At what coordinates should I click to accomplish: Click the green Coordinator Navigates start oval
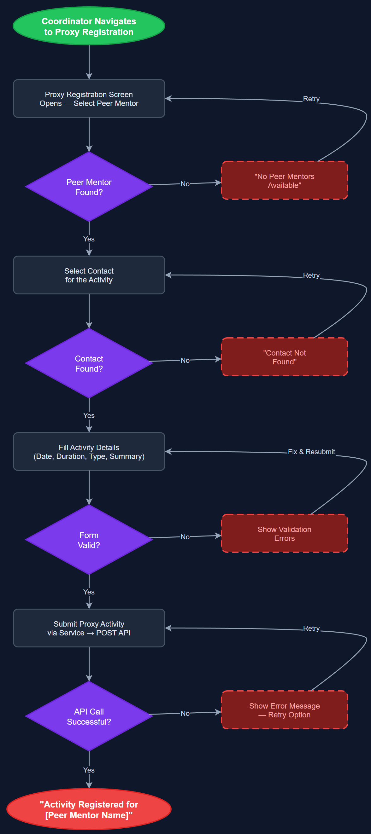click(x=89, y=26)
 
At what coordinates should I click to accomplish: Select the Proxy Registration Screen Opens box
click(x=89, y=98)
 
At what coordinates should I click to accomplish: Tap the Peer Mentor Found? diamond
click(x=89, y=187)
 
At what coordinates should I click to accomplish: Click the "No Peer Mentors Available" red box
click(x=284, y=180)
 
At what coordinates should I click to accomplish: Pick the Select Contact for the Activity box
click(x=89, y=275)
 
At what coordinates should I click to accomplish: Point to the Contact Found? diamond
click(x=89, y=363)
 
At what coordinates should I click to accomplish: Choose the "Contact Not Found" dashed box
click(x=284, y=357)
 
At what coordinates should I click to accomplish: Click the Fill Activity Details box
click(x=89, y=451)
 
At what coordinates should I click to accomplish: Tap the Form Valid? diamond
click(x=89, y=540)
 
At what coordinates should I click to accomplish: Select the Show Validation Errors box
click(x=284, y=533)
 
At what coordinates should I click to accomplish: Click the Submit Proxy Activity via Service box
click(x=89, y=628)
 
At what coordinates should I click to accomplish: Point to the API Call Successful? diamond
click(x=89, y=716)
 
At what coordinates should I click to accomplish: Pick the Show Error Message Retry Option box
click(x=284, y=710)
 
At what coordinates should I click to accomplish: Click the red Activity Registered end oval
click(x=89, y=809)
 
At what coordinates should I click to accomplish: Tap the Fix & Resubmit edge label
click(x=311, y=451)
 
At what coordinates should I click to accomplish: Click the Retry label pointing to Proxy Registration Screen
click(x=311, y=99)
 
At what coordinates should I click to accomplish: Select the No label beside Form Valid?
click(x=185, y=536)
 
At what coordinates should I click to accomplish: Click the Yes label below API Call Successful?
click(x=89, y=770)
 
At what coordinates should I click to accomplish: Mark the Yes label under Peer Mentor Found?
click(x=89, y=239)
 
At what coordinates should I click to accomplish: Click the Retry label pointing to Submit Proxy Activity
click(x=311, y=628)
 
